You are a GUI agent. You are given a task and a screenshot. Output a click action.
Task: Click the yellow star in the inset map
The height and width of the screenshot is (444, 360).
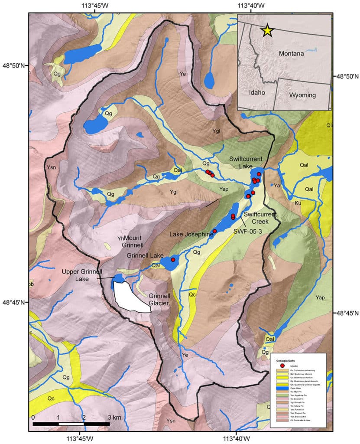[267, 30]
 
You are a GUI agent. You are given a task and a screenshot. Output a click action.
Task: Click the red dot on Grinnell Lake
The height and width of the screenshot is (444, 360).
[173, 260]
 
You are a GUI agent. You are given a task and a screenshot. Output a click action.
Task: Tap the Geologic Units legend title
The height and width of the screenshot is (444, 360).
[289, 360]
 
